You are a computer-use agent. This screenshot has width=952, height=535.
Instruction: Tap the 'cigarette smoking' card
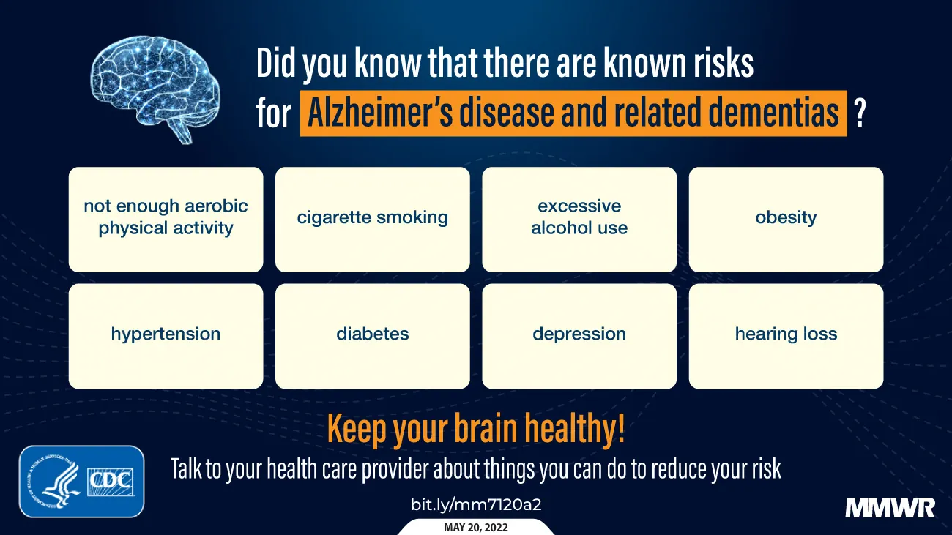[372, 219]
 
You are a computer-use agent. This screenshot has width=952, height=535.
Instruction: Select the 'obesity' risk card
[786, 219]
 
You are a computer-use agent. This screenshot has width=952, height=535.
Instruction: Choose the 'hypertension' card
[166, 335]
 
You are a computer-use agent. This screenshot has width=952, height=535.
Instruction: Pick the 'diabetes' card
[372, 335]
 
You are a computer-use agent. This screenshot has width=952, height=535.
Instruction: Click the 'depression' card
[579, 335]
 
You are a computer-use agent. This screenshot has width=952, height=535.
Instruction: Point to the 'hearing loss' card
[786, 335]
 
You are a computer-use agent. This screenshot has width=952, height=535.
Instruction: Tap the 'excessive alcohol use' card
[579, 219]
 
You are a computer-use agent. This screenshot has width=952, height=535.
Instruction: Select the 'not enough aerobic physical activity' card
[166, 219]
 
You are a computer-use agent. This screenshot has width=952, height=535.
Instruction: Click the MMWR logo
[889, 507]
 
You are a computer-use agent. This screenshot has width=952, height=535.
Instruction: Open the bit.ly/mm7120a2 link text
[476, 504]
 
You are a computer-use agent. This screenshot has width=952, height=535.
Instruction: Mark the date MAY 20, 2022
[476, 527]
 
